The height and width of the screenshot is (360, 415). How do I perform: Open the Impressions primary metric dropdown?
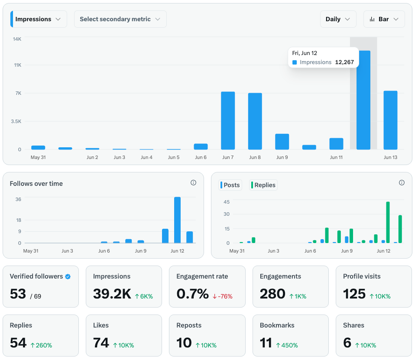pos(39,19)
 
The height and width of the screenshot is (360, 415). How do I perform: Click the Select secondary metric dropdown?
pos(120,19)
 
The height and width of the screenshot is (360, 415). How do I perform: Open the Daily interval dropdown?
pos(338,19)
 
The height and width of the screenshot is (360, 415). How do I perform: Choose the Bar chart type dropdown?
pos(384,19)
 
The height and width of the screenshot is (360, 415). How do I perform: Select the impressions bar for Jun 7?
pos(228,120)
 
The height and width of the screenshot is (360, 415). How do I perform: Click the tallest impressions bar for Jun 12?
pos(363,100)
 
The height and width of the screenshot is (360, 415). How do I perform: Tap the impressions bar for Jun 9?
pos(282,142)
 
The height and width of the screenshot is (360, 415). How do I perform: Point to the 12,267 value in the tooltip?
pos(344,62)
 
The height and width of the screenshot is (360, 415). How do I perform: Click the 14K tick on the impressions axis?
pos(17,39)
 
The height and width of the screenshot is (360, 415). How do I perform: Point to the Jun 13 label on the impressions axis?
pos(390,157)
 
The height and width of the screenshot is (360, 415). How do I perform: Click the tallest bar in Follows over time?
pos(177,220)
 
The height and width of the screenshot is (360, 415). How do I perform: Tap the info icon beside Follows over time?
pos(194,183)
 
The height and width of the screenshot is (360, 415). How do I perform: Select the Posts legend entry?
pos(230,185)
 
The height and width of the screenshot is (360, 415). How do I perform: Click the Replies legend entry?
pos(263,185)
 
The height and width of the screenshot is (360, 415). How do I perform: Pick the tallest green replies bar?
pos(388,222)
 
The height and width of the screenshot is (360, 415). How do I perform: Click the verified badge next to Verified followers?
pos(68,277)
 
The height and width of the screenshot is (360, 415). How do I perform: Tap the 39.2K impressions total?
pos(112,294)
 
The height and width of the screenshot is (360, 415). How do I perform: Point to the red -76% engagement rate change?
pos(222,296)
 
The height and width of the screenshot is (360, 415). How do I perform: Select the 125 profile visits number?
pos(354,294)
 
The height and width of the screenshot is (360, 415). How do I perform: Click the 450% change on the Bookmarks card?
pos(287,345)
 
